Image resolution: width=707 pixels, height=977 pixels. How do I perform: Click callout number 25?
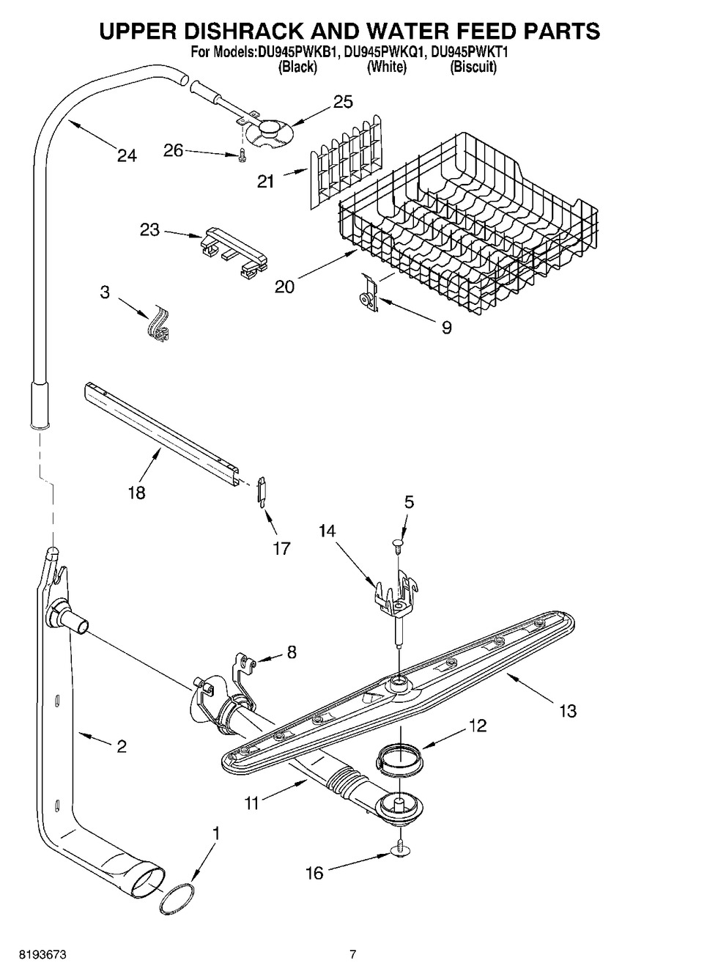pyautogui.click(x=343, y=102)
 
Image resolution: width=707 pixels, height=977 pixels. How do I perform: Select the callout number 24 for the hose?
pyautogui.click(x=126, y=155)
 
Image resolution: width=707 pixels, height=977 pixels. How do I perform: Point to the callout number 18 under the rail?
pyautogui.click(x=136, y=492)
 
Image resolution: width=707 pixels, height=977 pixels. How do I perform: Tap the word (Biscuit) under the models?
pyautogui.click(x=473, y=67)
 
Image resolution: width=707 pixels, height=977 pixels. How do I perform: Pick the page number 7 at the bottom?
pyautogui.click(x=352, y=954)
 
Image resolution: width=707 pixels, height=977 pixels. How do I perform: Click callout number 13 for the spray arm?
pyautogui.click(x=567, y=710)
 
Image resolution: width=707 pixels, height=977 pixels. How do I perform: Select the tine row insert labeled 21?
pyautogui.click(x=344, y=158)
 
